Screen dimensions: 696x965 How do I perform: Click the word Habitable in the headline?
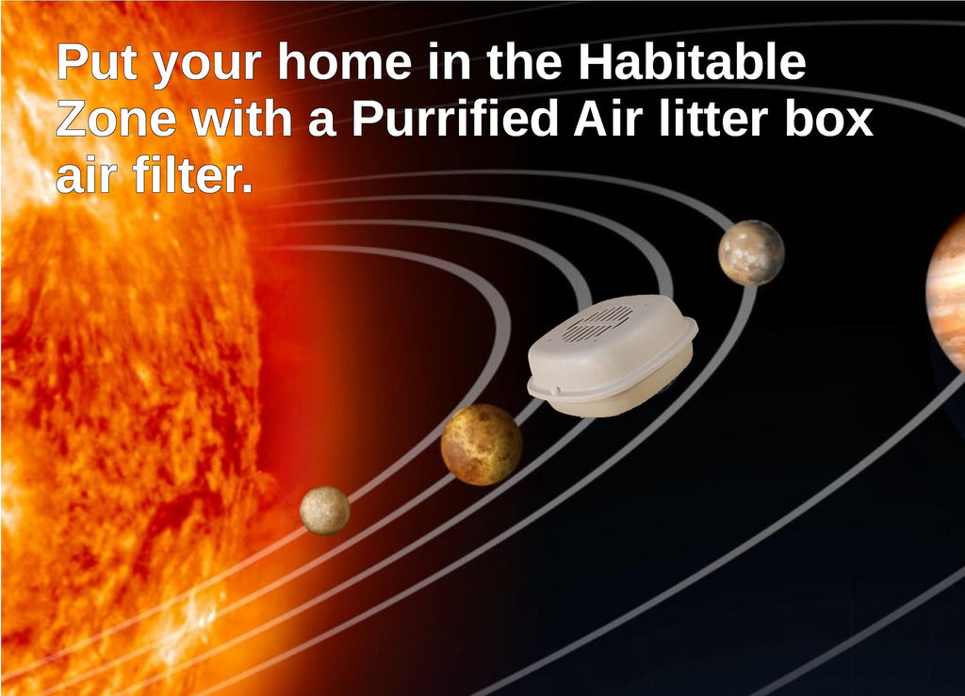[692, 63]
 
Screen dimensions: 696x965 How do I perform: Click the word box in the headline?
[833, 120]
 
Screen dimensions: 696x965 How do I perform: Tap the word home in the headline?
[345, 63]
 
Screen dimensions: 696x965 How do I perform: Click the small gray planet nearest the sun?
[325, 510]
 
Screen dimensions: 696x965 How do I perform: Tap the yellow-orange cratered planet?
[482, 445]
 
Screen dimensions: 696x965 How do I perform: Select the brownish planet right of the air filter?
[751, 252]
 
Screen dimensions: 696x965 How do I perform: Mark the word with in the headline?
[248, 120]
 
